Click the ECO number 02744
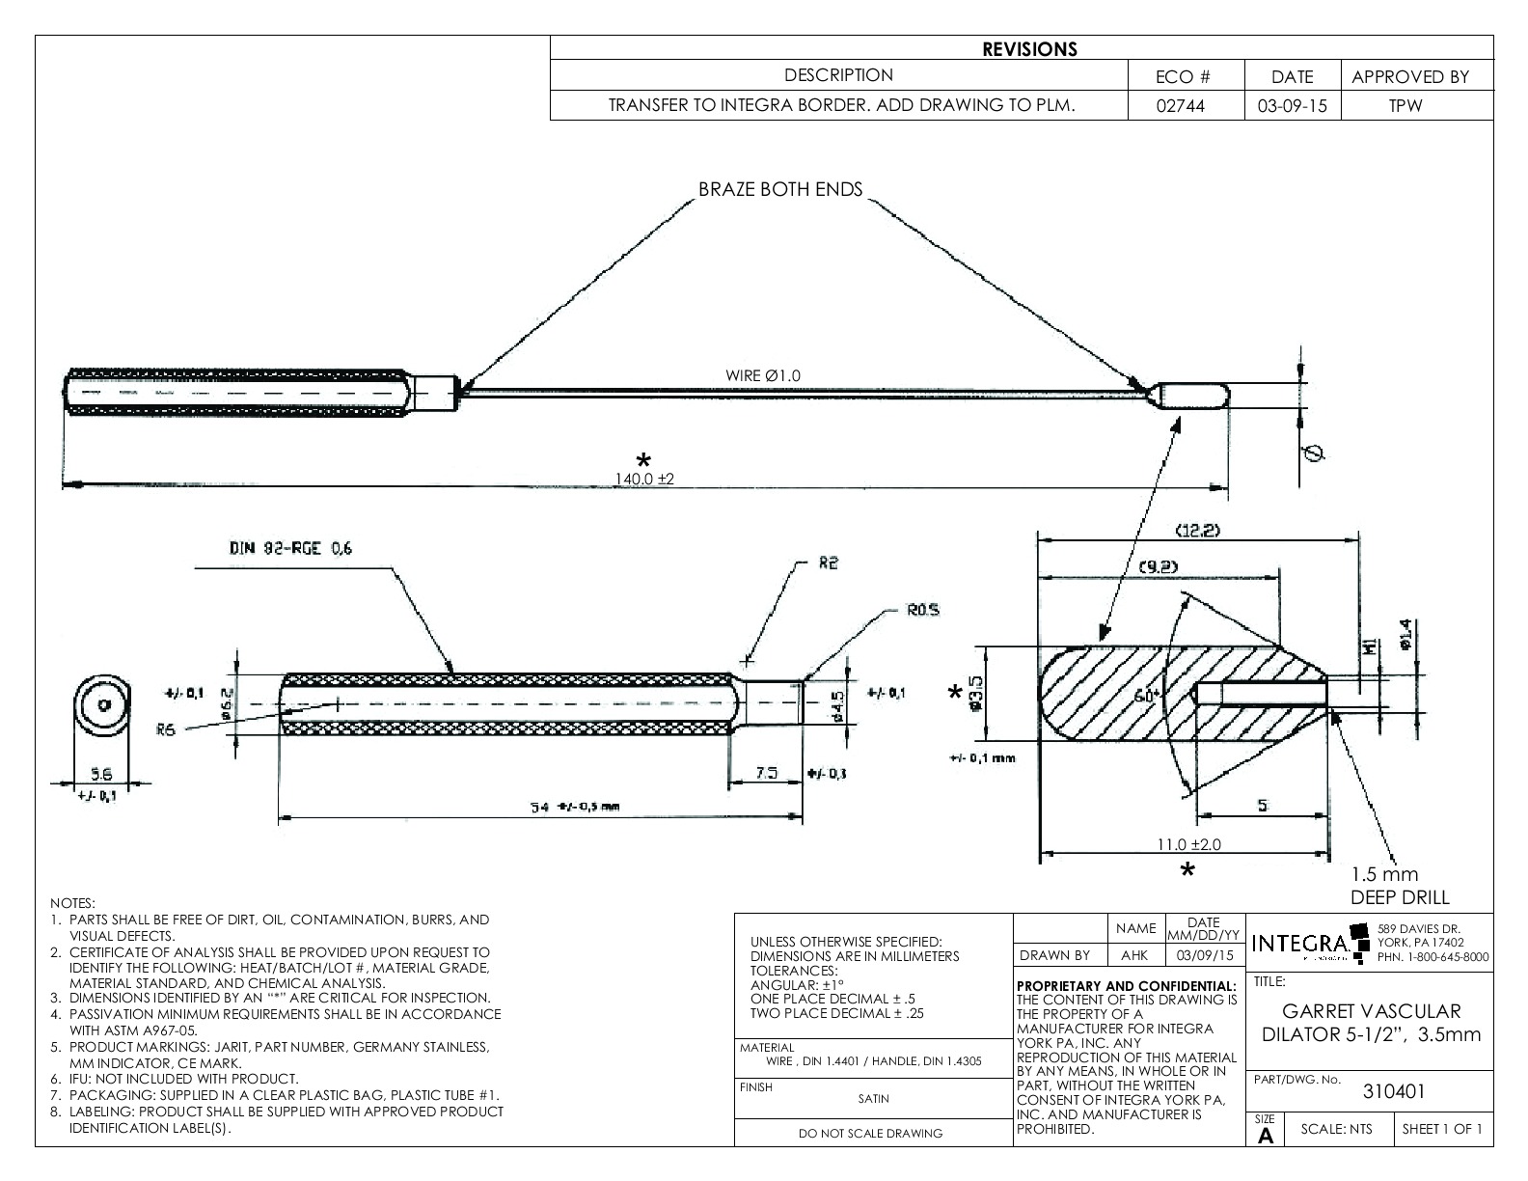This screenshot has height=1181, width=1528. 1186,106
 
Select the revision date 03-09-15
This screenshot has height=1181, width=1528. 1292,106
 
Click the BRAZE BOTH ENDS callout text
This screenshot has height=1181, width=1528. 780,190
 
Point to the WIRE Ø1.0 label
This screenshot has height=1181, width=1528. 763,375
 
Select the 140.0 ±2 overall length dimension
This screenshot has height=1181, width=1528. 644,479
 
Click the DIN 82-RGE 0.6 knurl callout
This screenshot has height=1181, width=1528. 290,549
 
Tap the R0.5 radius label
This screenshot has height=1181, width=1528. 922,611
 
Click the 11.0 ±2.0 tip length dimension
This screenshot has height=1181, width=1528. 1188,844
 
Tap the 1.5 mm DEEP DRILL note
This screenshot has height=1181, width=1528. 1398,886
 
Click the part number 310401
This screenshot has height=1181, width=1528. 1393,1091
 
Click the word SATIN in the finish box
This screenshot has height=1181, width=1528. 873,1098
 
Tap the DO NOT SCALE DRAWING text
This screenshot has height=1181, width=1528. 870,1134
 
